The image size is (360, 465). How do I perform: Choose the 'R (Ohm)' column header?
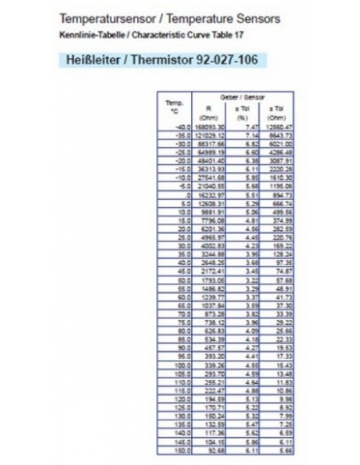(209, 111)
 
